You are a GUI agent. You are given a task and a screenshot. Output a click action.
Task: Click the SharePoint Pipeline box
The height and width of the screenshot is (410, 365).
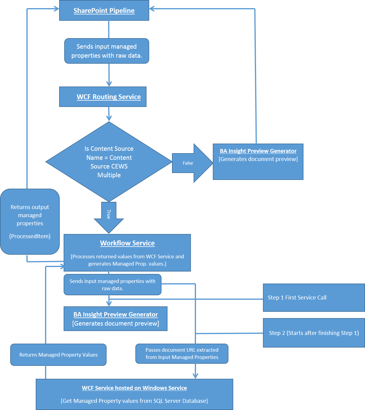104,11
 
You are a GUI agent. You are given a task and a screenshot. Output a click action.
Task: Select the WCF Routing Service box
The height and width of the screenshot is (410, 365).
103,97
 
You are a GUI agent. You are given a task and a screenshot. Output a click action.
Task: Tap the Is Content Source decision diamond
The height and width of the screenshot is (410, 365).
109,162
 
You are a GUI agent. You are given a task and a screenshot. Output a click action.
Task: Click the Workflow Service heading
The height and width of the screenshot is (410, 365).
127,243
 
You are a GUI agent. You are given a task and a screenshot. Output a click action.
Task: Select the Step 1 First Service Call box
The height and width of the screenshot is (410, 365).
314,298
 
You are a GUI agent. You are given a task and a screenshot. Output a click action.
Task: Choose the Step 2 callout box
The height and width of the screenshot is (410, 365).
314,333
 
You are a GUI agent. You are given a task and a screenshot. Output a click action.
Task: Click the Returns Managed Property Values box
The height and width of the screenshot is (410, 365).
58,355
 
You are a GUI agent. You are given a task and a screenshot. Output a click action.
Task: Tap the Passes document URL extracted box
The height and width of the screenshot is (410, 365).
182,354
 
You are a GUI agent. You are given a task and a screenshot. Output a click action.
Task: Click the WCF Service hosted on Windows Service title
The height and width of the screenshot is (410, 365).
134,388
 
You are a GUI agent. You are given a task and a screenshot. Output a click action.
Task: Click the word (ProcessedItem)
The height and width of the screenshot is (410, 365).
30,236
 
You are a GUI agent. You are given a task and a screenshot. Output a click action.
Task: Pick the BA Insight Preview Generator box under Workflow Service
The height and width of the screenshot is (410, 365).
116,319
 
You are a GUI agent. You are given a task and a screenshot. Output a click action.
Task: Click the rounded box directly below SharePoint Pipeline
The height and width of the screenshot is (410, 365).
107,51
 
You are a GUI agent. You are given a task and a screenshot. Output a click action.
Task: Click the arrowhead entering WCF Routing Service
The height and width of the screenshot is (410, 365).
109,84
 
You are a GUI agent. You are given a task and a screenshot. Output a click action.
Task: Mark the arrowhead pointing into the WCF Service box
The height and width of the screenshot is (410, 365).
195,376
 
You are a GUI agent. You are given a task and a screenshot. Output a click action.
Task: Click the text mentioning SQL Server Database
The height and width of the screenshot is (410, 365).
134,401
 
